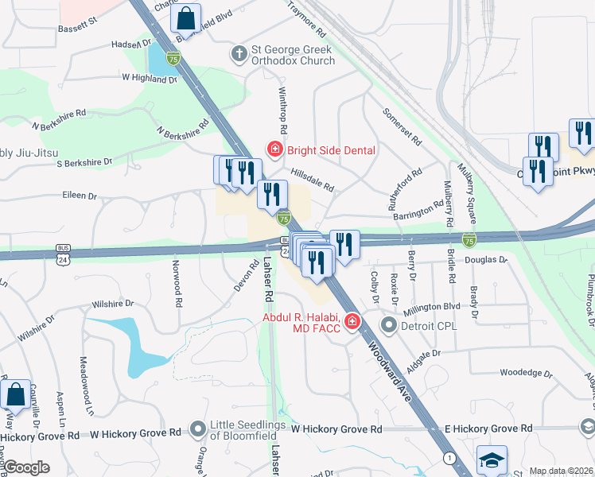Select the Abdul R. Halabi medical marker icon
tap(352, 322)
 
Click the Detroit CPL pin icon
tap(388, 326)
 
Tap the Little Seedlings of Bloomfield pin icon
tap(198, 429)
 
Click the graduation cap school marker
tap(491, 460)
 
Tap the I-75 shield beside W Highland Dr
tap(173, 57)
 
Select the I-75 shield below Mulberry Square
tap(469, 239)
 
